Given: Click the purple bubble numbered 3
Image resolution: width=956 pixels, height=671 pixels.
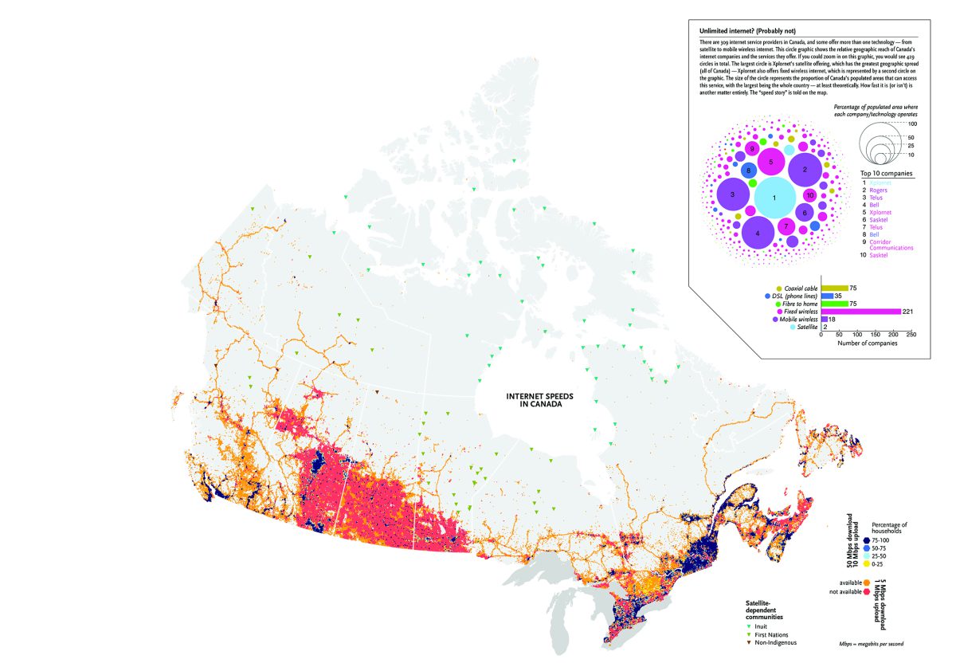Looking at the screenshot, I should pos(731,194).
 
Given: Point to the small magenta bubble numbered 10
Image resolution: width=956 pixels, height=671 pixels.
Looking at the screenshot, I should pos(810,195).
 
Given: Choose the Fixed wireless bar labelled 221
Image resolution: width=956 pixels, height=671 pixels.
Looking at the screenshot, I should pos(860,311).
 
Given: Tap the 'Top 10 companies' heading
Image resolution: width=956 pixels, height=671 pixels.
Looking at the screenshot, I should pos(886,173).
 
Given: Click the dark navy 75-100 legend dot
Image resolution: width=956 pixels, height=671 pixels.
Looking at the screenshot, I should pos(867,540).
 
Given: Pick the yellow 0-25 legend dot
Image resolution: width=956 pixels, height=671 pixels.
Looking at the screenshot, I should pos(867,563).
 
